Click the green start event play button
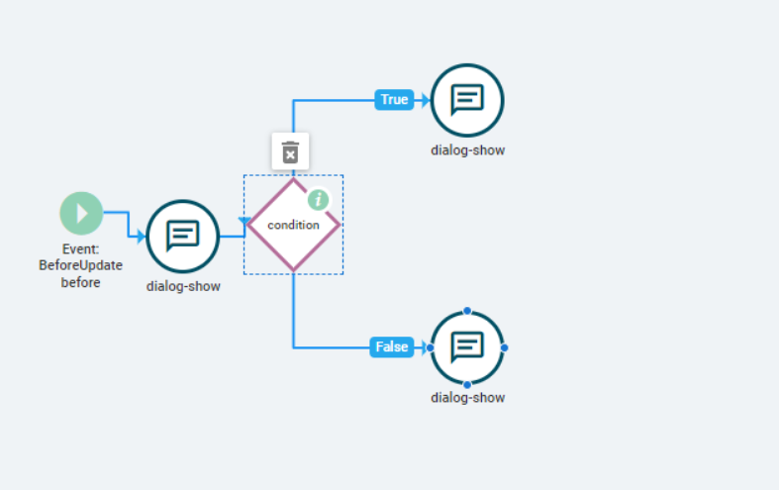tap(81, 213)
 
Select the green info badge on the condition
tap(319, 200)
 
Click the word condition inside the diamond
tap(293, 225)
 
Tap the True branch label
tap(394, 99)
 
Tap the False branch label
tap(392, 346)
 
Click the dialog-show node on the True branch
tap(467, 100)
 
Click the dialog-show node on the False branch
tap(467, 347)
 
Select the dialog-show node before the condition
tap(183, 237)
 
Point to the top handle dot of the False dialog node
tap(467, 311)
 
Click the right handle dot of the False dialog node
tap(504, 347)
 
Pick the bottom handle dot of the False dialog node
tap(467, 385)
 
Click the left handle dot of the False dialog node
tap(431, 347)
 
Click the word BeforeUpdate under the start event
tap(80, 265)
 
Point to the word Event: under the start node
tap(80, 249)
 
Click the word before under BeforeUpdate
tap(80, 282)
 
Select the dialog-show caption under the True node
tap(467, 150)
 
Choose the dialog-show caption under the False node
tap(467, 398)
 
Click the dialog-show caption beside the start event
tap(183, 286)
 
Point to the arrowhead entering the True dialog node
tap(426, 100)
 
